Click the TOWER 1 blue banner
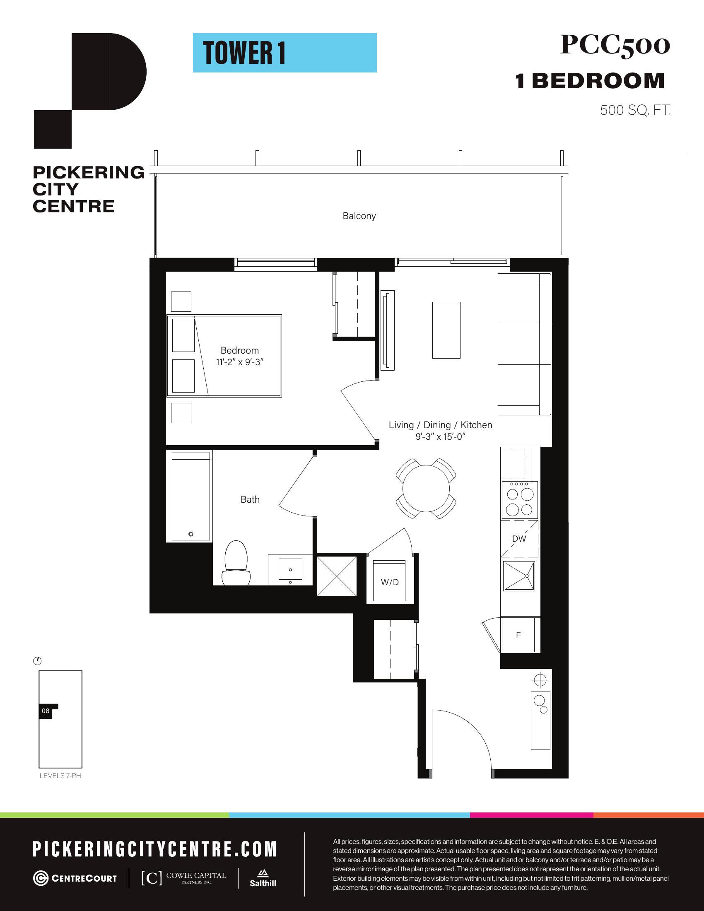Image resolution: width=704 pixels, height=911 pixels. (284, 53)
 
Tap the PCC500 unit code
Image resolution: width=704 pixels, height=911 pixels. (615, 45)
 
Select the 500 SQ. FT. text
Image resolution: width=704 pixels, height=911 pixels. (635, 110)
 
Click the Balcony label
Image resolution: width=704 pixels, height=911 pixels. (359, 216)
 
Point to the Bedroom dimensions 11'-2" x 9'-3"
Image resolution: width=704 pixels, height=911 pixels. (240, 362)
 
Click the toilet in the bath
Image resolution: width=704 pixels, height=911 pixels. (236, 563)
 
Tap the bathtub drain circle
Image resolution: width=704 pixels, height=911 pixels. (191, 534)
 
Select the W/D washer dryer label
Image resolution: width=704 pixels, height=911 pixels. (390, 582)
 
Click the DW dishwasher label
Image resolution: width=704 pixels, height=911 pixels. (519, 538)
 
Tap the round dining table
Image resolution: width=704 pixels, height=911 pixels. (426, 488)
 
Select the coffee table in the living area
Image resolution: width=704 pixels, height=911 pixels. (446, 330)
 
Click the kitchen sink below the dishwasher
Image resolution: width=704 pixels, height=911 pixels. (519, 576)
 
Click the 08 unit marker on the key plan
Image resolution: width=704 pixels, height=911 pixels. (46, 711)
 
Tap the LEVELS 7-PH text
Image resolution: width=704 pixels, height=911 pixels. (60, 776)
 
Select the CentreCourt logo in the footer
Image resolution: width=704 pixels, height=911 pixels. (75, 878)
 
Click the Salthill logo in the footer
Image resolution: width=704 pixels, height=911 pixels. (263, 878)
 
